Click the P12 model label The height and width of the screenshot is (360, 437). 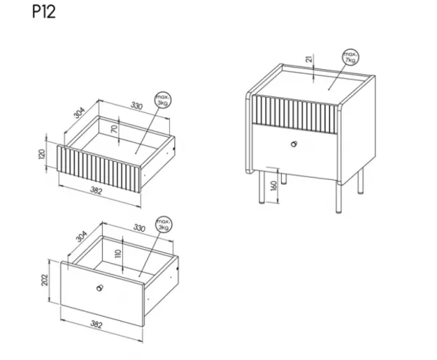click(x=44, y=12)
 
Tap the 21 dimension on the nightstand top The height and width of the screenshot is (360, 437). click(x=309, y=59)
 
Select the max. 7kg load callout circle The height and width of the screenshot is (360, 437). click(x=350, y=57)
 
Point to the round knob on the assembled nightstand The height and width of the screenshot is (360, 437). click(x=294, y=144)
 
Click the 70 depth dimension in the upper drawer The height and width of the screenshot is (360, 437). click(x=114, y=129)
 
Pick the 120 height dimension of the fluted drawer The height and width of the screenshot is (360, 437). click(x=42, y=154)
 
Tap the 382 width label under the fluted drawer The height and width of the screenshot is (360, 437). click(x=96, y=190)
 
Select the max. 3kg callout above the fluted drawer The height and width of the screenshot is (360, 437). click(x=163, y=100)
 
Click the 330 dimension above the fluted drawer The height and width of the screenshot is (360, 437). click(x=137, y=106)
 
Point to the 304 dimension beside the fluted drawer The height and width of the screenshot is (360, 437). click(x=79, y=113)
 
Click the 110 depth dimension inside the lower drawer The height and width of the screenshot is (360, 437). click(x=118, y=253)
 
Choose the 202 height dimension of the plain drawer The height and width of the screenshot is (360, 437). click(x=44, y=280)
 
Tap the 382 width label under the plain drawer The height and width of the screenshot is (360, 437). click(x=96, y=324)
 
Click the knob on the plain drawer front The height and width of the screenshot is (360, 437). click(x=100, y=288)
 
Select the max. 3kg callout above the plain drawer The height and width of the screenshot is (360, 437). click(x=164, y=224)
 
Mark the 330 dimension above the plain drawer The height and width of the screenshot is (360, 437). click(x=139, y=228)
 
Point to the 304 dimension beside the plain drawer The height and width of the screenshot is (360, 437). click(x=82, y=237)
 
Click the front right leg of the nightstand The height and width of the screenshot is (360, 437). click(x=339, y=197)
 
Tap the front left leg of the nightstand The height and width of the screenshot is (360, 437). click(x=261, y=187)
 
